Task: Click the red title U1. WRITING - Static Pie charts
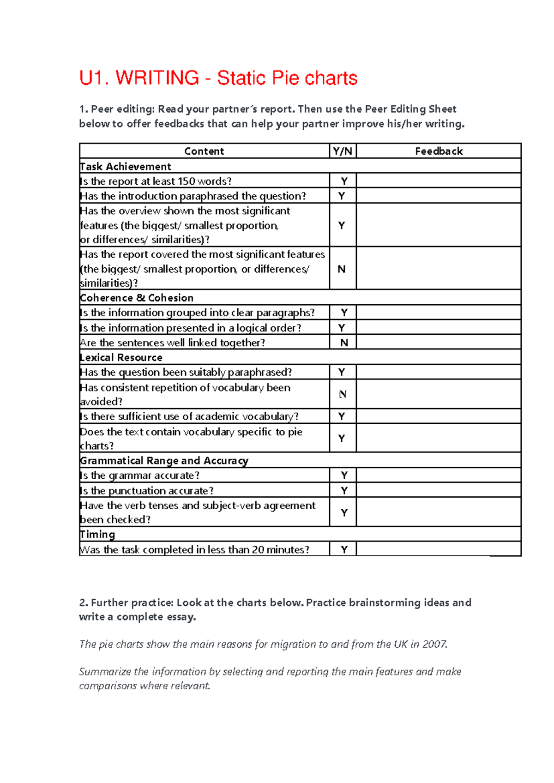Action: coord(218,78)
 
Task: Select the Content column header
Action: coord(204,151)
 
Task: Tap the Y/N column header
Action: coord(342,151)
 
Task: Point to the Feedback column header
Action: coord(439,151)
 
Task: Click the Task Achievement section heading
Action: coord(126,167)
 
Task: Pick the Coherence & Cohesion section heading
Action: coord(137,298)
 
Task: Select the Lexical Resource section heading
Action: coord(121,357)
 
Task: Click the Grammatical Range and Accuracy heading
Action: coord(164,461)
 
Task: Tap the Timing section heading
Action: coord(97,535)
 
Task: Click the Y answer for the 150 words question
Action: coord(344,181)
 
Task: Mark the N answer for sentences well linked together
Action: coord(344,343)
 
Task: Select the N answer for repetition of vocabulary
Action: coord(343,394)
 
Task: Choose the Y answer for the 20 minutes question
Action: coord(344,549)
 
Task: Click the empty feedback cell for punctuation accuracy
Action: coord(439,490)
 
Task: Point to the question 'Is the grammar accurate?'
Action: coord(140,476)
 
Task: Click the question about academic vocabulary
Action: coord(189,416)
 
